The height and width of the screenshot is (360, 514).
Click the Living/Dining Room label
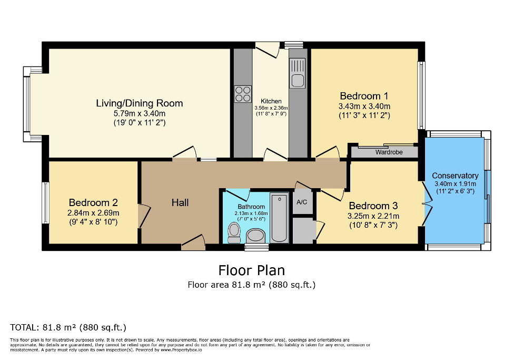coord(139,103)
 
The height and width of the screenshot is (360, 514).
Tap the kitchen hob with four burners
coord(243,94)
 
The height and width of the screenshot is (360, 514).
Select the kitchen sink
coord(298,80)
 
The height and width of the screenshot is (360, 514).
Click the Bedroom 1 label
coord(364,96)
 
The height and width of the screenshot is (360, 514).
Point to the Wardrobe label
coord(388,152)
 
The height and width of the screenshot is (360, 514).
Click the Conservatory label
coord(455,176)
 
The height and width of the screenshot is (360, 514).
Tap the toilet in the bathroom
coord(234,231)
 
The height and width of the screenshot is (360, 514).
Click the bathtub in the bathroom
coord(279,217)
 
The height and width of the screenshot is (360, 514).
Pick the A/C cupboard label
coord(302,202)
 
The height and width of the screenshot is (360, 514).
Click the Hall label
coord(180,202)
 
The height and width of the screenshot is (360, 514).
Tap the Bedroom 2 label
coord(93,203)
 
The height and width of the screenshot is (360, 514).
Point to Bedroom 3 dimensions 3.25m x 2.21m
coord(373,216)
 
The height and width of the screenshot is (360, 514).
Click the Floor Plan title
coord(252,270)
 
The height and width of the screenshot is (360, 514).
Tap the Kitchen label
coord(271,101)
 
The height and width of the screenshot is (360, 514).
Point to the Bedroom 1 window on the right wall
coord(421,95)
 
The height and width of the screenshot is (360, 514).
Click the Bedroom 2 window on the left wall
coord(45,203)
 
